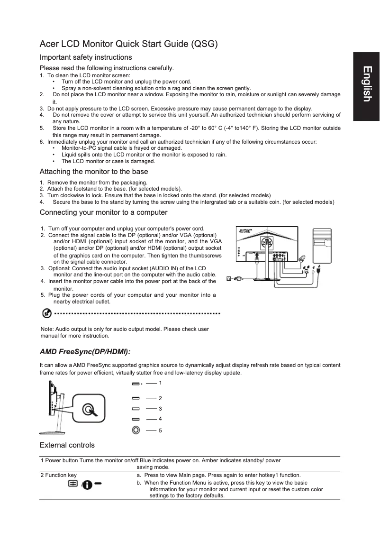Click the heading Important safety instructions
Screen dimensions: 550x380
tap(86, 57)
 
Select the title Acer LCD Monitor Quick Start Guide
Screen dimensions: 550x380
tap(129, 45)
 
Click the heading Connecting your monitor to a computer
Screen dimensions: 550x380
tap(104, 212)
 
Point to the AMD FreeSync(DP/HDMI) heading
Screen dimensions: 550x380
tap(85, 351)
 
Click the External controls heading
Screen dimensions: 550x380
tap(67, 445)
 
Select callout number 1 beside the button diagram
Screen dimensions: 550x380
tap(161, 382)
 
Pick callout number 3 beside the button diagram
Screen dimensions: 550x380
tap(161, 408)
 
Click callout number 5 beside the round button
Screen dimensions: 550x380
tap(161, 430)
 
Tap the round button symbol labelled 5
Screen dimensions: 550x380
tap(136, 430)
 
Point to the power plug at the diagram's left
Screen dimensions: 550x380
tap(231, 278)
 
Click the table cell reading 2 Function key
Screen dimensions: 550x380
tap(59, 475)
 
